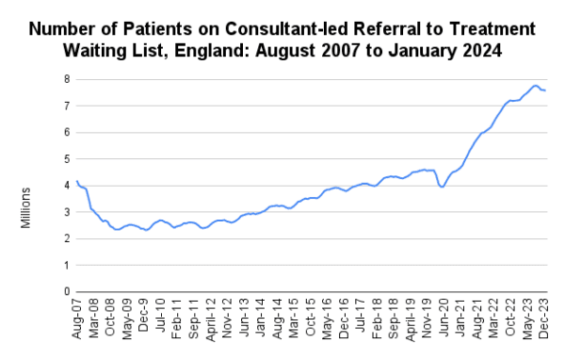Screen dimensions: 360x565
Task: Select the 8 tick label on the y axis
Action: tap(67, 79)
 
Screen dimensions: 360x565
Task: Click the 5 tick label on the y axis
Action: tap(67, 158)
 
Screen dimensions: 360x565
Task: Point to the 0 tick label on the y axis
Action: tap(67, 291)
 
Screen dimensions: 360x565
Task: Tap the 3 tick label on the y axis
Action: tap(67, 212)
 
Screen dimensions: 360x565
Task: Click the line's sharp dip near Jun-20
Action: tap(443, 188)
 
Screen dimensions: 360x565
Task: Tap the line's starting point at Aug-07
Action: tap(76, 181)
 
